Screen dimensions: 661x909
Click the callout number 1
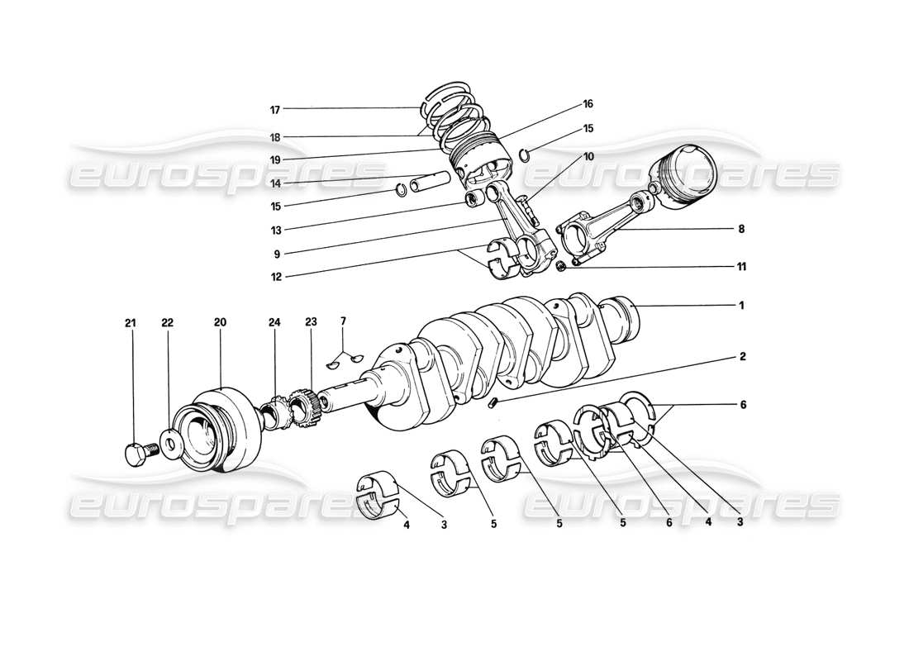coord(741,305)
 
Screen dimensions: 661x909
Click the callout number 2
coord(741,357)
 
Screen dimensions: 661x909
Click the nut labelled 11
coord(560,265)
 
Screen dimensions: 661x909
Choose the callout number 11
coord(741,267)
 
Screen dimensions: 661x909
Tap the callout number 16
coord(588,104)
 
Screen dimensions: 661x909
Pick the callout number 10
coord(588,156)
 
